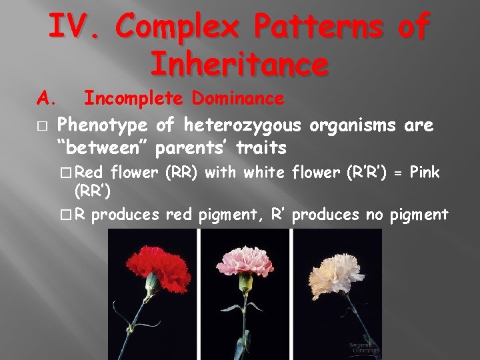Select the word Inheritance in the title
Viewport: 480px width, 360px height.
click(x=239, y=65)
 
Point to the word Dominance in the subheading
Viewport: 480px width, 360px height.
click(x=238, y=99)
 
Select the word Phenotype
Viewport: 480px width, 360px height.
click(x=102, y=125)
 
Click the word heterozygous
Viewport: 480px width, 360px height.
click(x=244, y=125)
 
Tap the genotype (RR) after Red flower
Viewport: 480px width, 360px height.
click(x=179, y=173)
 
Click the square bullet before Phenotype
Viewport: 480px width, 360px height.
click(x=41, y=125)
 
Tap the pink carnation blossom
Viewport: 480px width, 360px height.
click(x=245, y=261)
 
